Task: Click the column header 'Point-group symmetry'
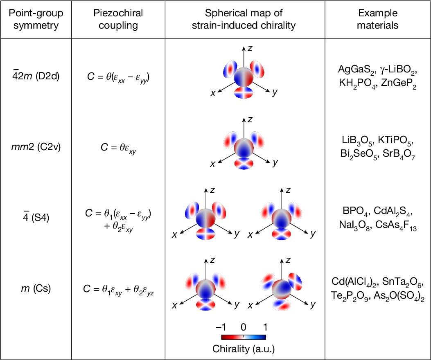(x=36, y=19)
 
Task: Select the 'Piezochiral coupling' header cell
(x=118, y=19)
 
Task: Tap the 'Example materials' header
(x=378, y=19)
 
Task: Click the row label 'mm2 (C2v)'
(x=36, y=147)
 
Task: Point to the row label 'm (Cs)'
(x=36, y=288)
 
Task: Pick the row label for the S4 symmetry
(x=36, y=217)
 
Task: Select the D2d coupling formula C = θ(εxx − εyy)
(x=118, y=77)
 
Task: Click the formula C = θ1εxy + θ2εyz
(x=118, y=290)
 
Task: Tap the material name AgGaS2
(x=356, y=70)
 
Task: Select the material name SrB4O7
(x=399, y=154)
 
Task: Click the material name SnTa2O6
(x=402, y=282)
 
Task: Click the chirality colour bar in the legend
(x=244, y=337)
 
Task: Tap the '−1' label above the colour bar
(x=221, y=327)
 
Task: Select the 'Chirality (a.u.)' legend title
(x=244, y=349)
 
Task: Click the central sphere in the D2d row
(x=244, y=77)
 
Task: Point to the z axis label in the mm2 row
(x=250, y=119)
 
